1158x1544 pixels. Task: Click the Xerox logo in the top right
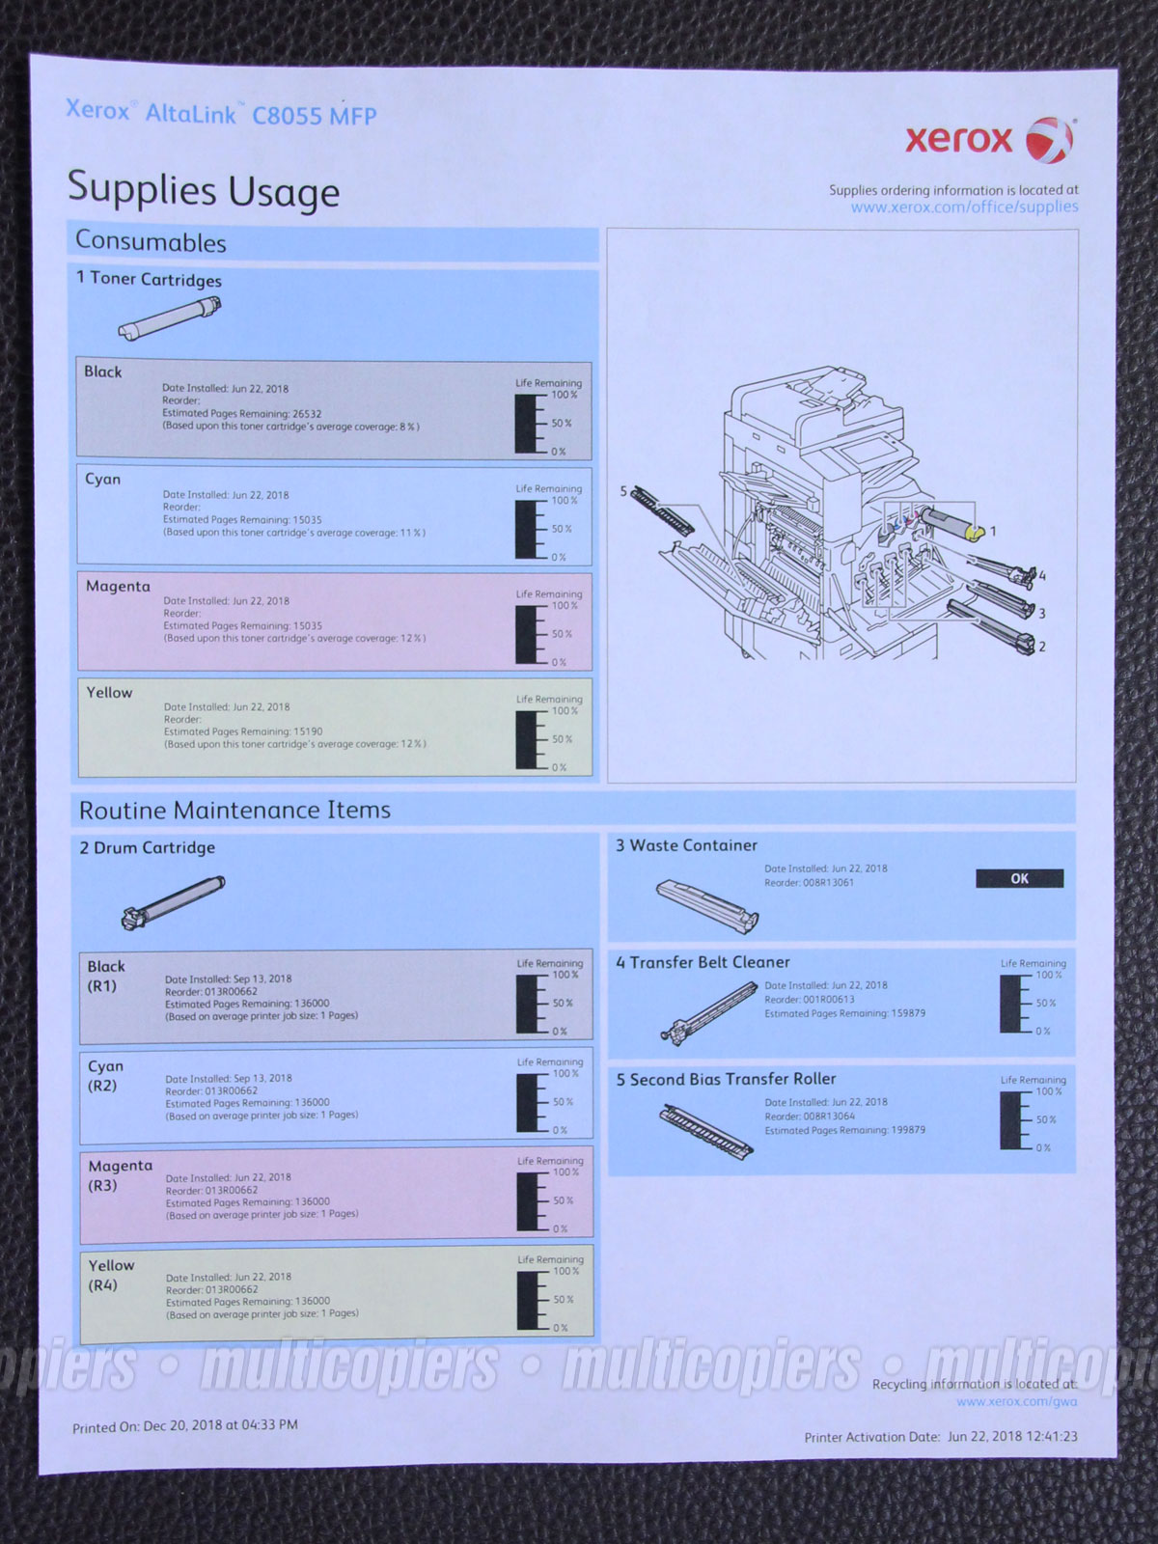[x=988, y=141]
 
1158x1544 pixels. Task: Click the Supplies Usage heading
[x=204, y=189]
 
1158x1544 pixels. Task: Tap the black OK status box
[x=1019, y=878]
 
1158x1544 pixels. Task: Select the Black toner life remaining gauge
[x=529, y=423]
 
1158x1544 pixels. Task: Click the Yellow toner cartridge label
[x=109, y=693]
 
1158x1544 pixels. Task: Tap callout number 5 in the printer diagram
[x=623, y=491]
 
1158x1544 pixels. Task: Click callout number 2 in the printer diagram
[x=1042, y=647]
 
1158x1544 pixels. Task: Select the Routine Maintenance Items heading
[x=234, y=810]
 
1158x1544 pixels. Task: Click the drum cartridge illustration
[x=173, y=901]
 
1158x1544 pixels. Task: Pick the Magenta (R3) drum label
[x=120, y=1175]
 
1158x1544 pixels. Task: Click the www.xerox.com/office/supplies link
[x=964, y=207]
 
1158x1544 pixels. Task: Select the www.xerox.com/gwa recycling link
[x=1016, y=1401]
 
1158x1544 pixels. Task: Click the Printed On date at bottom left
[x=185, y=1425]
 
